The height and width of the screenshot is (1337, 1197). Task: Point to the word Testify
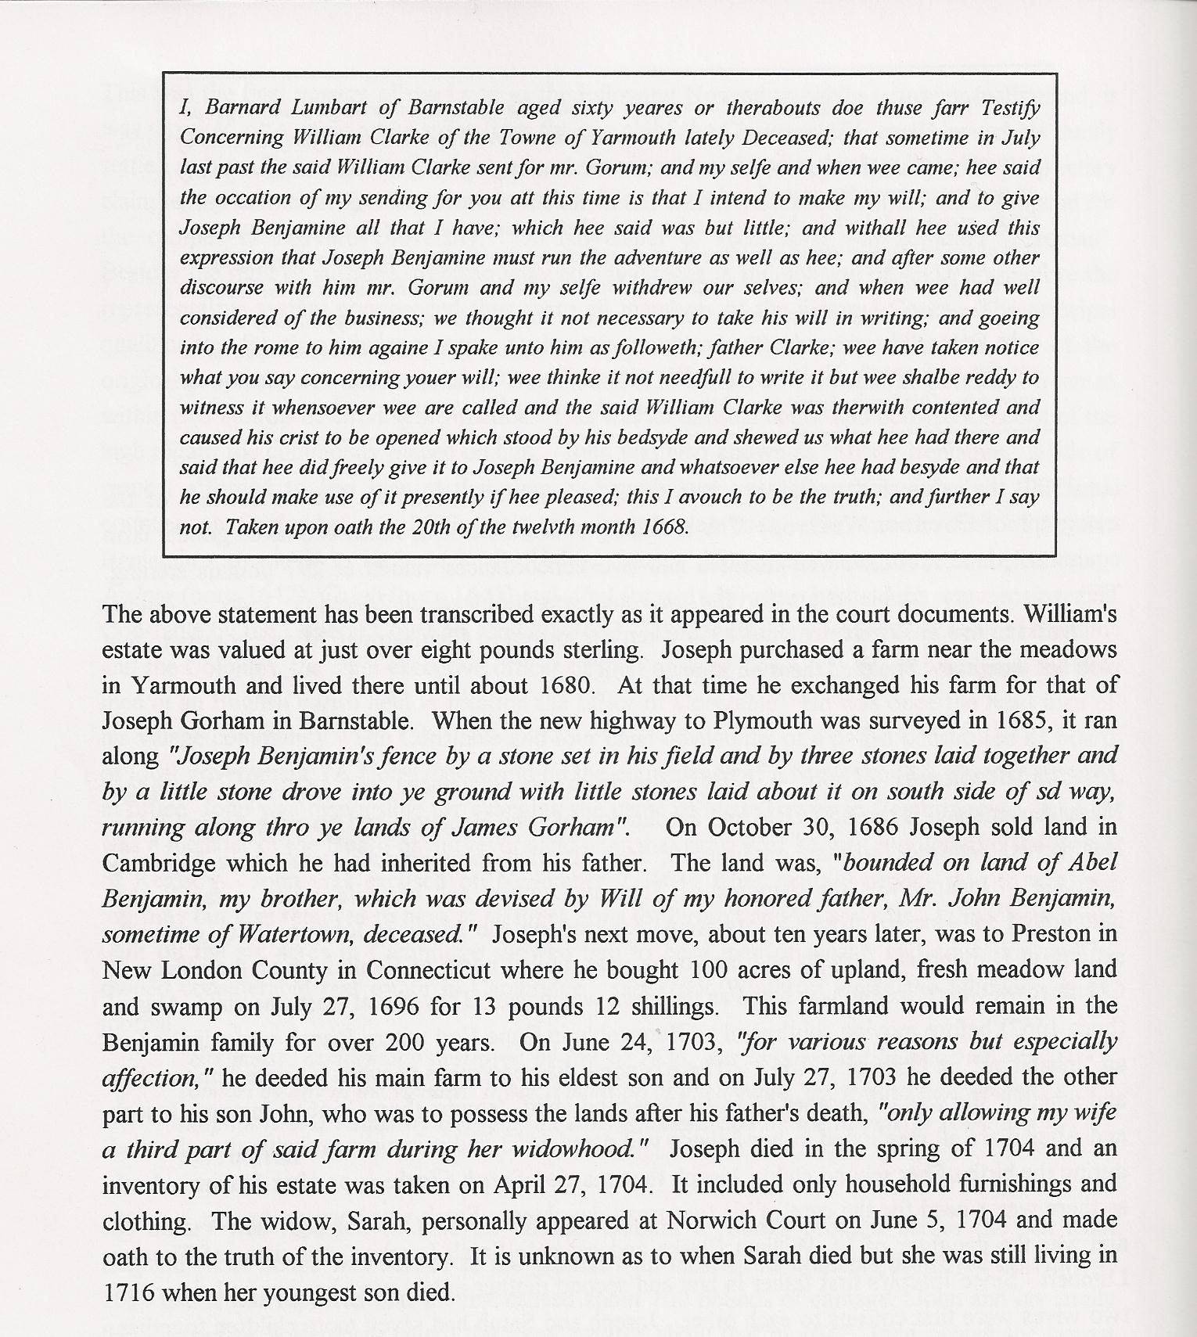[1005, 107]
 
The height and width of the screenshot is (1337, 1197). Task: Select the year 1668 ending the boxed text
[663, 527]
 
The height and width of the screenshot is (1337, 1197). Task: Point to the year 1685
[1000, 721]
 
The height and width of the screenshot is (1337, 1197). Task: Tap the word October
[731, 827]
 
